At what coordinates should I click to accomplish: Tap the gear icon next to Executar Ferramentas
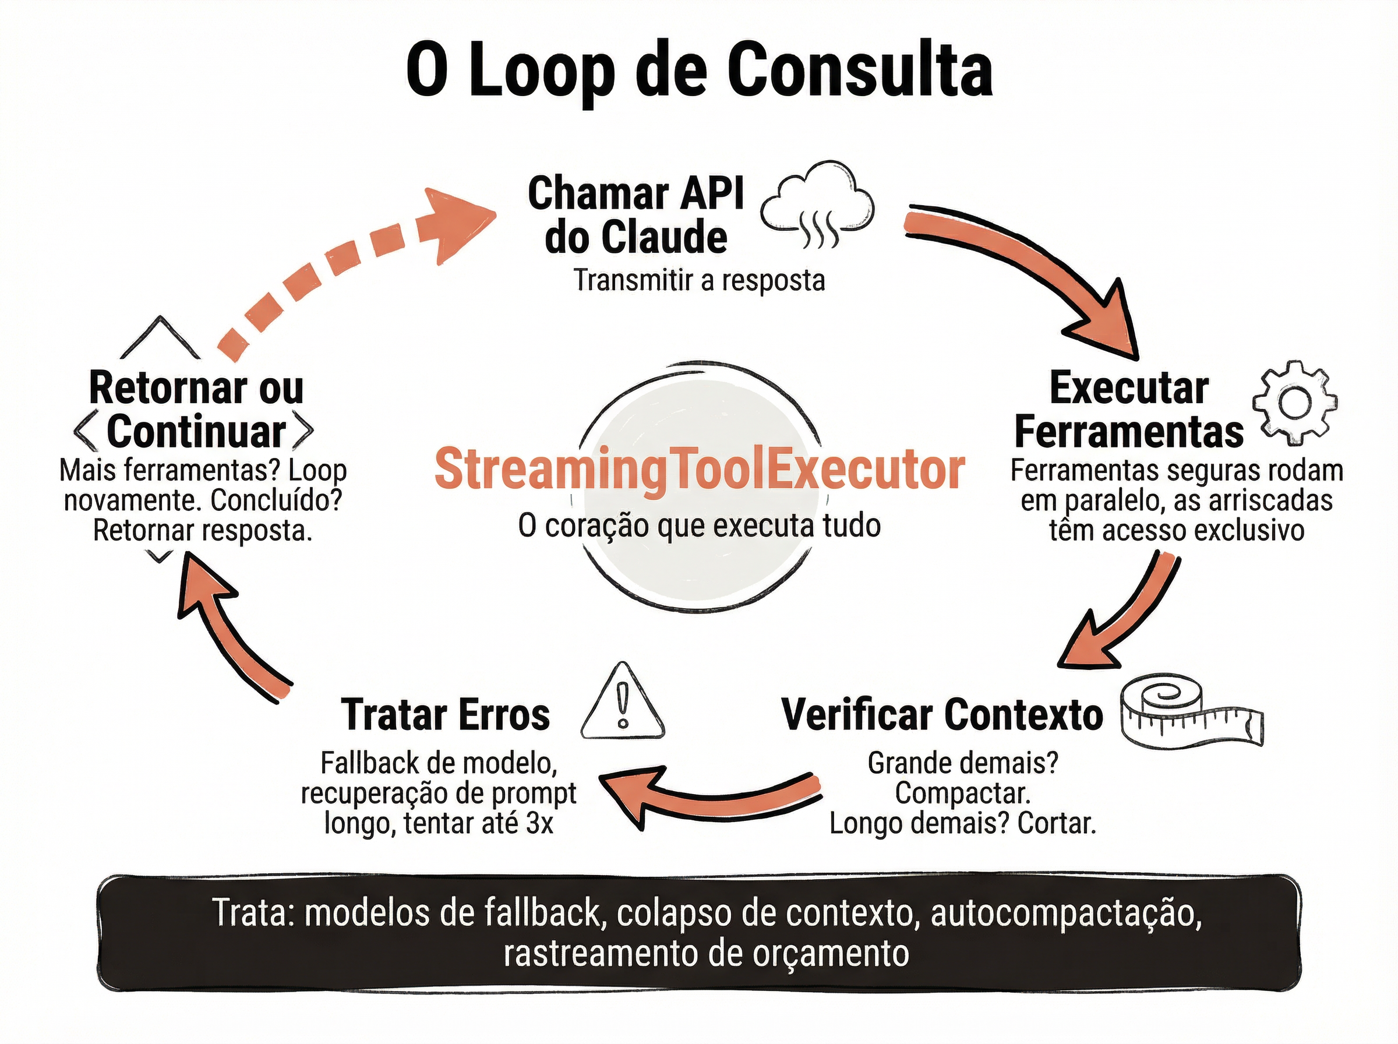(1294, 403)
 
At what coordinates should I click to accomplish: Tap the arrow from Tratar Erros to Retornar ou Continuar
(227, 626)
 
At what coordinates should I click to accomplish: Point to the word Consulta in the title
(859, 70)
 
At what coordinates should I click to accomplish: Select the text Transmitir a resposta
(700, 281)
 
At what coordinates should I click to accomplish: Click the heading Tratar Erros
(446, 715)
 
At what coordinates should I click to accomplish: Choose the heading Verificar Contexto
(942, 715)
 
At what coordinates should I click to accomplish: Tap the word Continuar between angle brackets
(196, 432)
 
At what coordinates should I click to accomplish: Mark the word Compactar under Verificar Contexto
(962, 793)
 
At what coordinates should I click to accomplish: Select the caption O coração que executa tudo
(700, 526)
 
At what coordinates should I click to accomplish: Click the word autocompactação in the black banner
(1066, 913)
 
